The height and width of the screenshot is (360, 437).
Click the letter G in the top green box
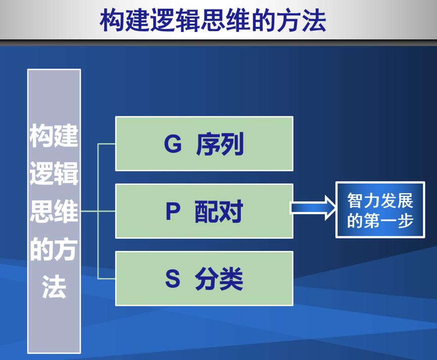point(173,144)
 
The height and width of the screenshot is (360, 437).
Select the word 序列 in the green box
point(220,144)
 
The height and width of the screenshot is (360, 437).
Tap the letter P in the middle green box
point(173,212)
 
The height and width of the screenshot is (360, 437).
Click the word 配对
point(219,212)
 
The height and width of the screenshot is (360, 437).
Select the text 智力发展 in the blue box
point(380,200)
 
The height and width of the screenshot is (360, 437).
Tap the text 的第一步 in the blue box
point(380,221)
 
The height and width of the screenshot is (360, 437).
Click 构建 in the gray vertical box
point(54,136)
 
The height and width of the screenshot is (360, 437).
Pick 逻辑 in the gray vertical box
point(54,174)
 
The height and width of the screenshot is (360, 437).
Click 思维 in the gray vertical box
point(54,212)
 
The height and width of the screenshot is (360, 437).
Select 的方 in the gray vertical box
point(54,250)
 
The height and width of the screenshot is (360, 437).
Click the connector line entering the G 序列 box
point(107,144)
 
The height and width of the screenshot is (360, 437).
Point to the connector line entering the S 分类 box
point(107,279)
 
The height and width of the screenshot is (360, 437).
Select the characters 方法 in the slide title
point(301,20)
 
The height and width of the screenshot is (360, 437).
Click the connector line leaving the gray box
point(89,212)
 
